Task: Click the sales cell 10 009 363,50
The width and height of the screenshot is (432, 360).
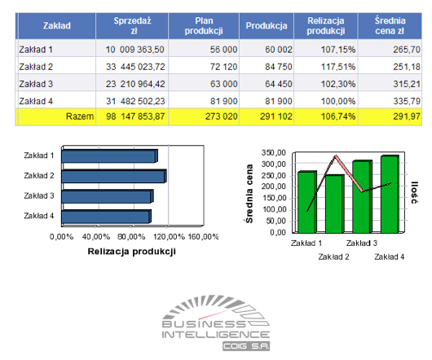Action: click(135, 50)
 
